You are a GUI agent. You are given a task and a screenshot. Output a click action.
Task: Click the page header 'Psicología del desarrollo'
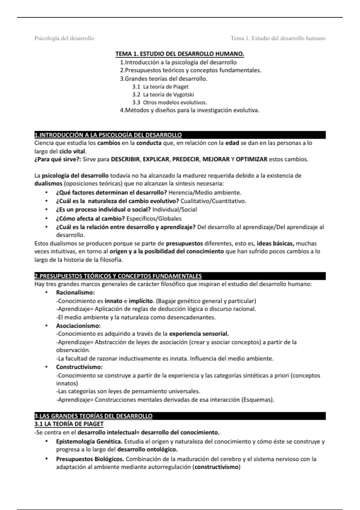tap(64, 38)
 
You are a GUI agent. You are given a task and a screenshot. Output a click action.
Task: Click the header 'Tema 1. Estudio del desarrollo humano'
tap(278, 38)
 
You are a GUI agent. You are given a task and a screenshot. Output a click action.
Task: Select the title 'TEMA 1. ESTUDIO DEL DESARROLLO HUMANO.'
tap(180, 54)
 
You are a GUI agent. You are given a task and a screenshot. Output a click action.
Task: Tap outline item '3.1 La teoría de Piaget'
tap(160, 87)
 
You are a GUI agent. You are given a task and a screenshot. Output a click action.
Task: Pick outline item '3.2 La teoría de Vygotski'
tap(163, 94)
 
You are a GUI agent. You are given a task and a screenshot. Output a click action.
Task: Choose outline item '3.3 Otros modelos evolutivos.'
tap(170, 102)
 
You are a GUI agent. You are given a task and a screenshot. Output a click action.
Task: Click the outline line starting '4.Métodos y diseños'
tap(190, 110)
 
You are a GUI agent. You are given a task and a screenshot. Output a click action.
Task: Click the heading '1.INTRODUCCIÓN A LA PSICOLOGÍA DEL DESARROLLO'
tap(108, 135)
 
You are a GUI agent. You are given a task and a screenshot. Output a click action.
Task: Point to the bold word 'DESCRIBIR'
tap(125, 159)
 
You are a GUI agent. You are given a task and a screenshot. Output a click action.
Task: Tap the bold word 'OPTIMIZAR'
tap(251, 159)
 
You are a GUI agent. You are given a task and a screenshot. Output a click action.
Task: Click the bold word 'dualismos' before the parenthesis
tap(48, 184)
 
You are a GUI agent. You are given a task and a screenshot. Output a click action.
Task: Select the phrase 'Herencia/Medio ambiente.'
tap(205, 193)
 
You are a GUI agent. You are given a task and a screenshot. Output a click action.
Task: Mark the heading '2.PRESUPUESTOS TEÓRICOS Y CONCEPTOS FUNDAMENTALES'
tap(118, 276)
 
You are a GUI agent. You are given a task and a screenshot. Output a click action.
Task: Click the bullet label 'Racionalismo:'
tap(75, 292)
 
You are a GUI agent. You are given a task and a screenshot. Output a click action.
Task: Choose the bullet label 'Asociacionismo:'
tap(78, 326)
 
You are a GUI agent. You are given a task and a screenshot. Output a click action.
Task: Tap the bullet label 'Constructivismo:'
tap(79, 367)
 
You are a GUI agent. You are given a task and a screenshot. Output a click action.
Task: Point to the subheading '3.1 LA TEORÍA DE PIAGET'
tap(69, 424)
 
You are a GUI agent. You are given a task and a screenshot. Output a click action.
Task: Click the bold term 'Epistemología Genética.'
tap(89, 442)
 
